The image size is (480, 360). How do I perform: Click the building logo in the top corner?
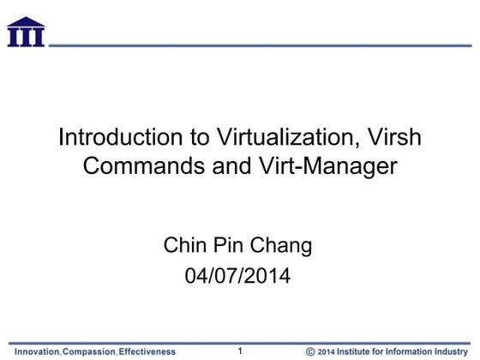(26, 32)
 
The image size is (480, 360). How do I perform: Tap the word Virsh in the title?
(396, 137)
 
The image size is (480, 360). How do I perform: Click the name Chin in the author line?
(184, 247)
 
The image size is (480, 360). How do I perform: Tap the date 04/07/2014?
(239, 276)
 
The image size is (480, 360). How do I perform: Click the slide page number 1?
(241, 350)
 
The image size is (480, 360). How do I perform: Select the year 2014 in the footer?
(329, 351)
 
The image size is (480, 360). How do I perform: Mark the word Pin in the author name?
(230, 247)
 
